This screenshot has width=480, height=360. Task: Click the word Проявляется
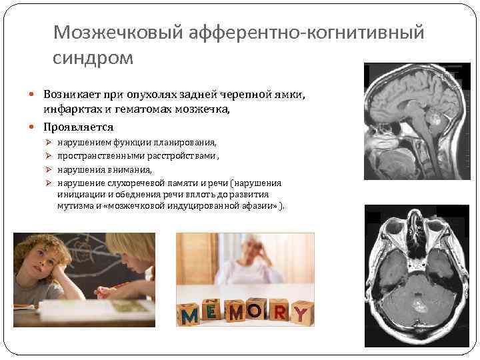pyautogui.click(x=79, y=127)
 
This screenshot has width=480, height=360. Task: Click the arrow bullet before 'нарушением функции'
pyautogui.click(x=48, y=143)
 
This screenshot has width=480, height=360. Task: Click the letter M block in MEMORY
pyautogui.click(x=191, y=314)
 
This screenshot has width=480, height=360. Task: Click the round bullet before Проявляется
pyautogui.click(x=34, y=127)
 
